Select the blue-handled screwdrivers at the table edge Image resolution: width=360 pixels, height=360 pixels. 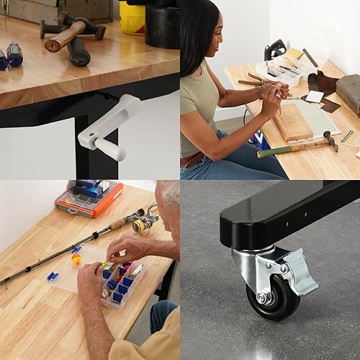(10, 55)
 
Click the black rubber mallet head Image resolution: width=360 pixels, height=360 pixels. (78, 52)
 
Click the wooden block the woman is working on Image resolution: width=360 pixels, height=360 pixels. (292, 122)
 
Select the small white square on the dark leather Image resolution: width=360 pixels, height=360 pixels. (315, 96)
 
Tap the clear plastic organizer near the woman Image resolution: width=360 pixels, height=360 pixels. (277, 73)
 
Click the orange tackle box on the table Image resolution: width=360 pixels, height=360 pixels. (89, 199)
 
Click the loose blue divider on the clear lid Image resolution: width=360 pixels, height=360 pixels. (52, 276)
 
